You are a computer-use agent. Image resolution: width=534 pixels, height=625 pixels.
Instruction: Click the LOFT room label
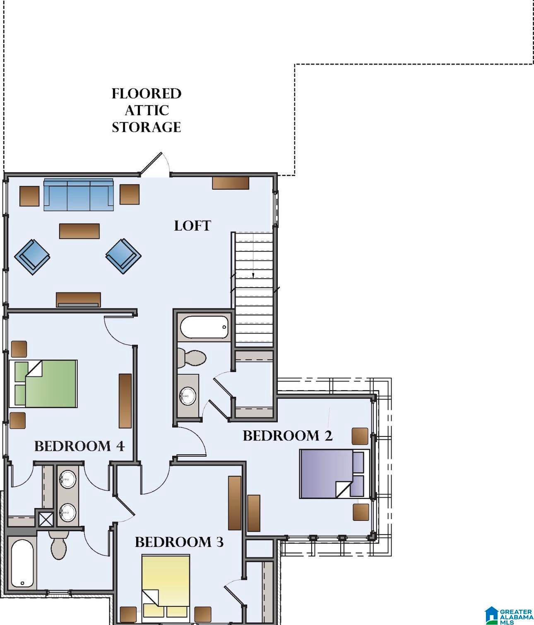click(192, 226)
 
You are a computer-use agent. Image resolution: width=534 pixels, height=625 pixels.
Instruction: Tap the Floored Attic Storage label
click(147, 110)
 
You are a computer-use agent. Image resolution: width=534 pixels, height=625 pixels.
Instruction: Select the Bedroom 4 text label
click(79, 446)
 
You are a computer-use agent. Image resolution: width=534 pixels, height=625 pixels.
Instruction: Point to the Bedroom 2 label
click(288, 436)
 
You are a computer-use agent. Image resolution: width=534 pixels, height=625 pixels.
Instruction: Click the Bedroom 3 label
click(179, 542)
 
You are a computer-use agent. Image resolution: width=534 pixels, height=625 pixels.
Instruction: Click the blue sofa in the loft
click(79, 194)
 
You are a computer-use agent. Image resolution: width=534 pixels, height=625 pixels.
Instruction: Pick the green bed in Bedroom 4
click(43, 384)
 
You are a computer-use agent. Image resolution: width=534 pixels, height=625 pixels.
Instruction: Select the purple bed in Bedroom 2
click(334, 474)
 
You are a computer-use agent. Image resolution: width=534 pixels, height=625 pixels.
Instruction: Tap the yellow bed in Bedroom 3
click(166, 590)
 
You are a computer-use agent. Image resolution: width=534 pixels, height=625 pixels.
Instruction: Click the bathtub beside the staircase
click(204, 327)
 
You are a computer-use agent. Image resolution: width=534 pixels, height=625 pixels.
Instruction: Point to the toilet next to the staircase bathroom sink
click(191, 358)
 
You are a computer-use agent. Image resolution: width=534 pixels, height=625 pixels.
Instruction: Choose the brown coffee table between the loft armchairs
click(79, 231)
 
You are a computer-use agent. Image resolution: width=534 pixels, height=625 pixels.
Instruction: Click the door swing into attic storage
click(154, 164)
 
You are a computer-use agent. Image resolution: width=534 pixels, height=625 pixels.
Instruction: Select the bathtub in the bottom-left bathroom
click(22, 563)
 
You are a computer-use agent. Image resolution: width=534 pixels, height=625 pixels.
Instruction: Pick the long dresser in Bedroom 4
click(125, 401)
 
